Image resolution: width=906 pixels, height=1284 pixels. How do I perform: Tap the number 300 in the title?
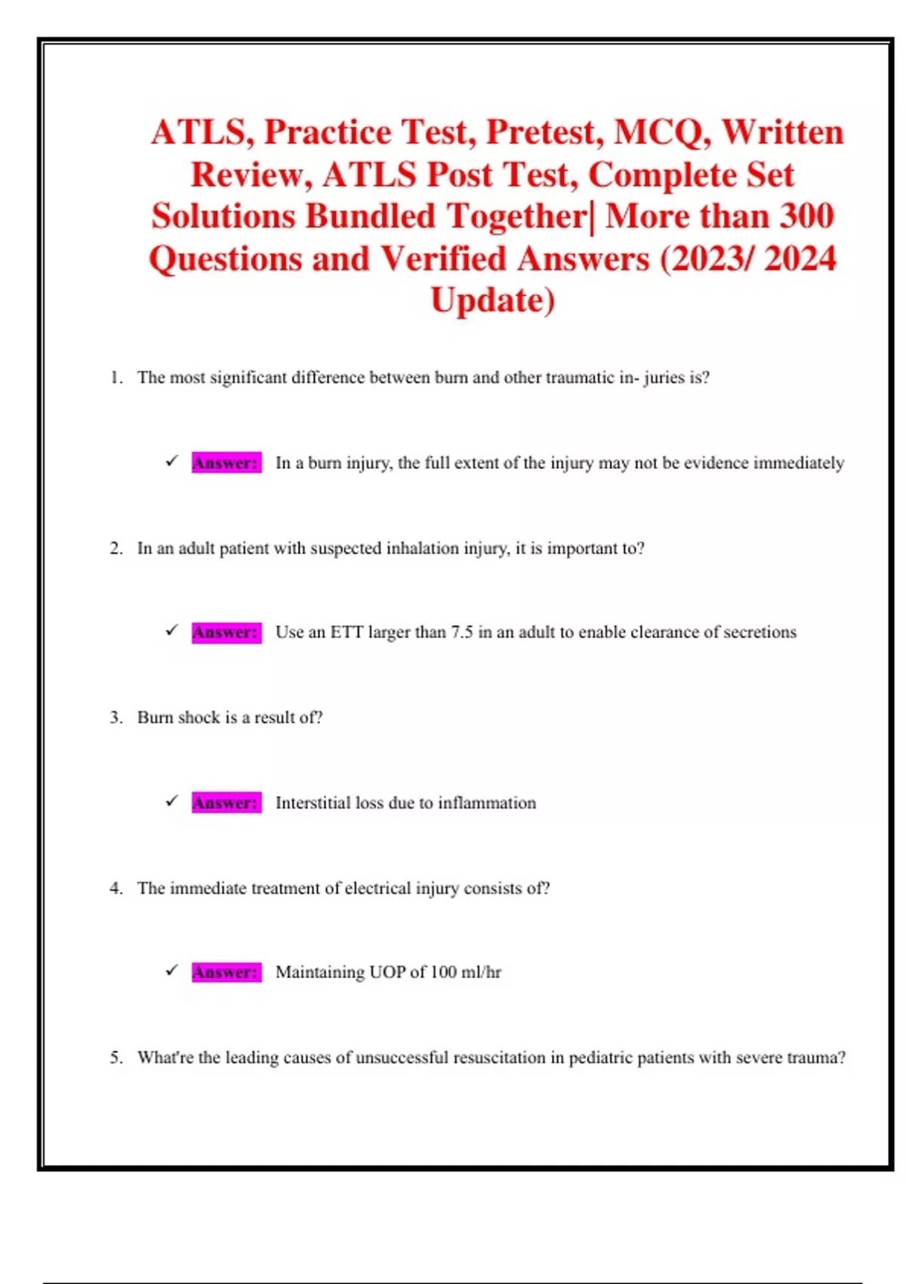click(x=806, y=217)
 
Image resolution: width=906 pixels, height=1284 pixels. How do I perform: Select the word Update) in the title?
click(x=492, y=301)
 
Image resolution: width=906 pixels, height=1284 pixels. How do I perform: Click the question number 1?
click(x=116, y=378)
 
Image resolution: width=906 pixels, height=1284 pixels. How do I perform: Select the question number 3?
click(x=116, y=718)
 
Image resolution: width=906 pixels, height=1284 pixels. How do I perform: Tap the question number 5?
click(x=116, y=1057)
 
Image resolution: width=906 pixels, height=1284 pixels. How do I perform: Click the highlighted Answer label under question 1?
click(x=226, y=462)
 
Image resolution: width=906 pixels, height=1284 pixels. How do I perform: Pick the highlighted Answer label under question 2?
click(x=226, y=632)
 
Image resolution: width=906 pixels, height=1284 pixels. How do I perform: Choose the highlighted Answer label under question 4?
click(x=226, y=972)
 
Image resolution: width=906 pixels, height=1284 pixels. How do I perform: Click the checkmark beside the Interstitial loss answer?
click(x=172, y=801)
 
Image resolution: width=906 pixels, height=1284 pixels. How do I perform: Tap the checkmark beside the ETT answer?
click(x=172, y=631)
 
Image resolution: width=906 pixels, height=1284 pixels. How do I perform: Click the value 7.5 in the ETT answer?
click(x=461, y=632)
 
